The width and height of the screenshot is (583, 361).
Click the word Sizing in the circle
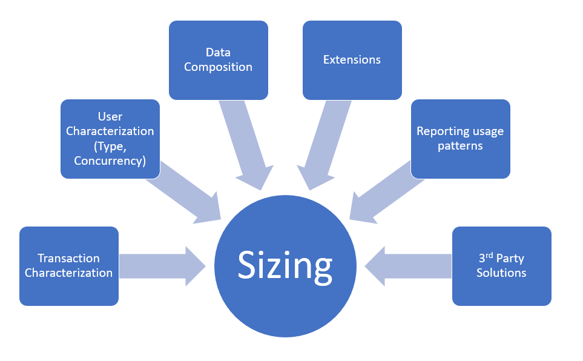tap(285, 265)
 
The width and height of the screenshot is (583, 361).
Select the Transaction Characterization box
tap(68, 265)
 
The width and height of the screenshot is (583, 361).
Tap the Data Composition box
tap(218, 59)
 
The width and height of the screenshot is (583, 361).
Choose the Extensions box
tap(352, 59)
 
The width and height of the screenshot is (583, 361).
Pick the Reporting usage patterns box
tap(460, 138)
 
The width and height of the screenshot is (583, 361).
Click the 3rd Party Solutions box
tap(501, 265)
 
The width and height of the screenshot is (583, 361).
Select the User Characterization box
tap(110, 138)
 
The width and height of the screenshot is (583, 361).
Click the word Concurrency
tap(110, 161)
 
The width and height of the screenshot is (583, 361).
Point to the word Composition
tap(218, 67)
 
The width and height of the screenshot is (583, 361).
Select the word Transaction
tap(68, 259)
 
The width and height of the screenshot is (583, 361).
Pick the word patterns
tap(460, 146)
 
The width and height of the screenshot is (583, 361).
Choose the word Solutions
tap(501, 273)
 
